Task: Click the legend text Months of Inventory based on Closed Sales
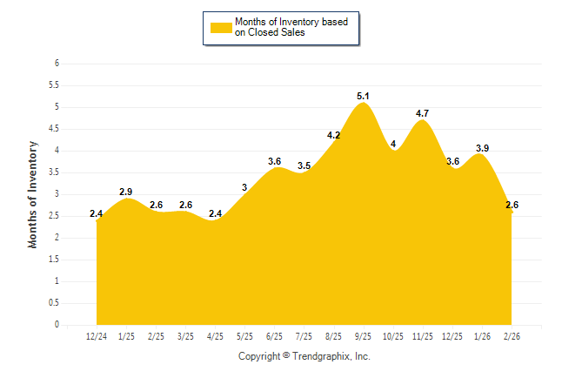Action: coord(285,27)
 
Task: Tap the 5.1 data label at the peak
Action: coord(364,96)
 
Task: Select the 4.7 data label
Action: coord(423,113)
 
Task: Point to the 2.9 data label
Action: coord(126,191)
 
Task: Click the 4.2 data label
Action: coord(333,135)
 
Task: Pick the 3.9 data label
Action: coord(482,148)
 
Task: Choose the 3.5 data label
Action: coord(304,165)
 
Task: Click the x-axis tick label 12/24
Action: coord(97,335)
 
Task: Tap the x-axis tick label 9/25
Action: coord(364,335)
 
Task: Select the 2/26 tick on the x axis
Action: coord(512,335)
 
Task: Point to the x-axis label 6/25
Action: coord(274,335)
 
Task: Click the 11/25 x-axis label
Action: coord(423,335)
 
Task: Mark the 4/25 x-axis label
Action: coord(215,335)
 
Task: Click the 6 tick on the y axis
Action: coord(57,64)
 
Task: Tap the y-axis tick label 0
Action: coord(57,325)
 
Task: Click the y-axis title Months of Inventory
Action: coord(33,194)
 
